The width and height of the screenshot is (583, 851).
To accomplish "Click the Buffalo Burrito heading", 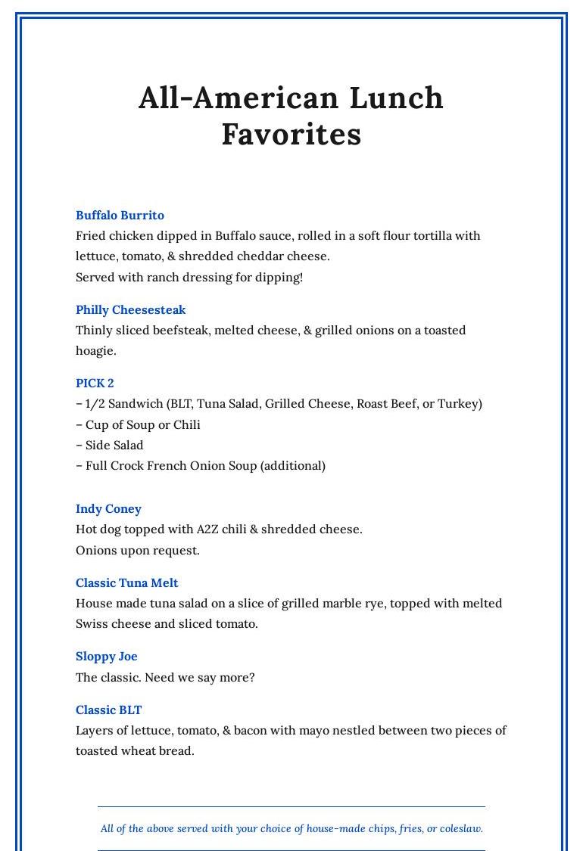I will (120, 216).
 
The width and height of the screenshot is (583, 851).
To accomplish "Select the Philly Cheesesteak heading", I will (130, 310).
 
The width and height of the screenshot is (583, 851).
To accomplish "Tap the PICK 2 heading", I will (95, 384).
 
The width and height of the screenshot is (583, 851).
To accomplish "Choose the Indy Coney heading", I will (108, 509).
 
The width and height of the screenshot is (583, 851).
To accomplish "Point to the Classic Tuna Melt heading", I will (126, 583).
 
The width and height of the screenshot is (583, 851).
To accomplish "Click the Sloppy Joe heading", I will (106, 657).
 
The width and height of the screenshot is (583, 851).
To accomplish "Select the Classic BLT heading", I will (108, 710).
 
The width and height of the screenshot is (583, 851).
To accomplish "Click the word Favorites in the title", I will (291, 135).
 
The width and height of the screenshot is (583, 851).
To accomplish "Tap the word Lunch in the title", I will (397, 98).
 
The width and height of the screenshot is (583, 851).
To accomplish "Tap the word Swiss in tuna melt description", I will (92, 624).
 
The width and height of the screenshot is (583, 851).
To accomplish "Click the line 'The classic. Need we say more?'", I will (165, 678).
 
